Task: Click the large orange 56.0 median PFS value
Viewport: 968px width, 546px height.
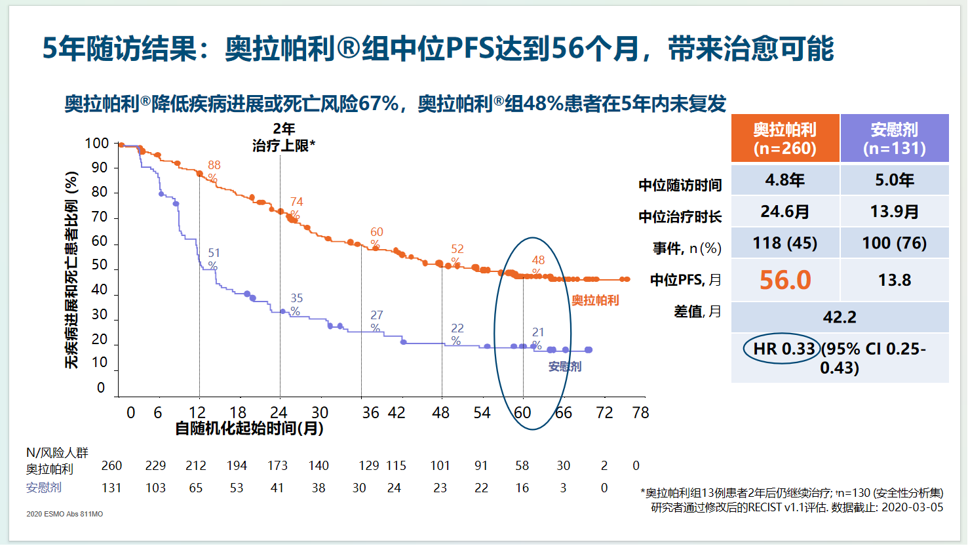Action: click(x=784, y=280)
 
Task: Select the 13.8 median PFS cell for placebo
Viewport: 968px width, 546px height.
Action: click(x=895, y=281)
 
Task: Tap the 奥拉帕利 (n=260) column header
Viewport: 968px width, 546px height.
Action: click(x=784, y=138)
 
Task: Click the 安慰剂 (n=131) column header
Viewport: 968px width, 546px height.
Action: click(x=895, y=138)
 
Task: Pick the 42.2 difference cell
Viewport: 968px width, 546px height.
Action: click(x=840, y=317)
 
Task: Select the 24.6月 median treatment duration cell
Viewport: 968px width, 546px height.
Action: click(x=784, y=211)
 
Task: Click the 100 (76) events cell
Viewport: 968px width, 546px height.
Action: click(x=895, y=244)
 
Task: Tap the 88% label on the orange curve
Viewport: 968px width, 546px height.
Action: click(x=214, y=171)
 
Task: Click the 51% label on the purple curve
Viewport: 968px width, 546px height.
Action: click(x=214, y=259)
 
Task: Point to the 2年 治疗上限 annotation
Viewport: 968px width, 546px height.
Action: click(x=283, y=138)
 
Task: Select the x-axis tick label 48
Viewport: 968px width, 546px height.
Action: click(x=441, y=412)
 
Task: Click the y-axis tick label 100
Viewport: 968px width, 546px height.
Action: click(x=97, y=144)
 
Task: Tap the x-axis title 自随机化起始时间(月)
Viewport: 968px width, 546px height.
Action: click(x=249, y=429)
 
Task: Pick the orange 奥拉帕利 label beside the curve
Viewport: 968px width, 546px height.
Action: click(x=595, y=300)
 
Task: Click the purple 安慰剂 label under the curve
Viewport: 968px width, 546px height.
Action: click(x=564, y=366)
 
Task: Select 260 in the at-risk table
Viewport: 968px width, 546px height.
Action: click(x=111, y=465)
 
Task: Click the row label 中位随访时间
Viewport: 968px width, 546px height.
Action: click(x=680, y=185)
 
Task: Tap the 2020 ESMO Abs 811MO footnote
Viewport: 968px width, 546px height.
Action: click(x=65, y=515)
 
